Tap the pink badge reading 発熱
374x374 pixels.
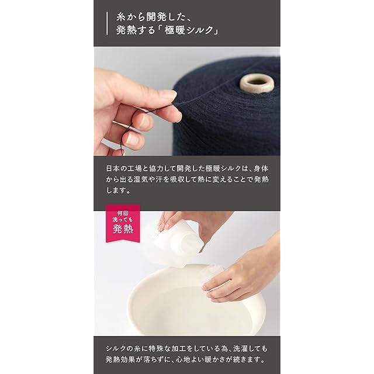coord(123,223)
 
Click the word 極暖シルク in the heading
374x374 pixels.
coord(189,30)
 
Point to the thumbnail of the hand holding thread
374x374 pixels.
coord(187,101)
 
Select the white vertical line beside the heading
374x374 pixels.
coord(107,23)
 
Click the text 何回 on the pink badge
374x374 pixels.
coord(123,213)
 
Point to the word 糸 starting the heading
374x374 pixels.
coord(122,18)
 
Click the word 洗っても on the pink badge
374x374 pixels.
coord(123,220)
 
